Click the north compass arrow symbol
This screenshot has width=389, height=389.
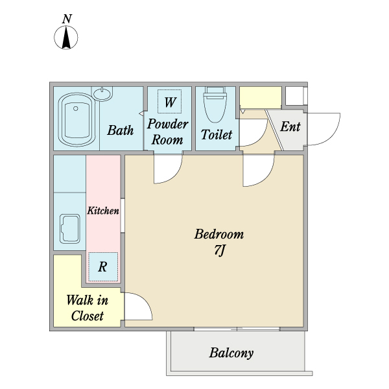[x=66, y=38]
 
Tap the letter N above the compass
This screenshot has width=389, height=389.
[x=67, y=19]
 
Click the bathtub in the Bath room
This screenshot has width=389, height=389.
[x=77, y=119]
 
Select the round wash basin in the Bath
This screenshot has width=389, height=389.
[x=102, y=93]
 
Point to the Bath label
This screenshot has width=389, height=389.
[x=121, y=130]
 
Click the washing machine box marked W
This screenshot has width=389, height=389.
[x=170, y=102]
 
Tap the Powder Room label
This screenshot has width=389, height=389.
[x=167, y=132]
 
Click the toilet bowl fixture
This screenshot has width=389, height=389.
[x=215, y=105]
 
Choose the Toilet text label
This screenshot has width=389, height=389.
[x=217, y=135]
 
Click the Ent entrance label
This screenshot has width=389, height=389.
[x=290, y=126]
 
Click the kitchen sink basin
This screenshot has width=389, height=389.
[x=71, y=229]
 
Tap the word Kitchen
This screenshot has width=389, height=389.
[x=103, y=211]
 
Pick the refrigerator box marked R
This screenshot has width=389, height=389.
[x=103, y=266]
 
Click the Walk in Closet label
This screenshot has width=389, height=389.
[x=88, y=308]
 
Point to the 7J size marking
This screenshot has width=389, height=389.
[x=219, y=250]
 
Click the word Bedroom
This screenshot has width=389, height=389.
[x=219, y=234]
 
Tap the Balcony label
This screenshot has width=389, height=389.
[x=231, y=353]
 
